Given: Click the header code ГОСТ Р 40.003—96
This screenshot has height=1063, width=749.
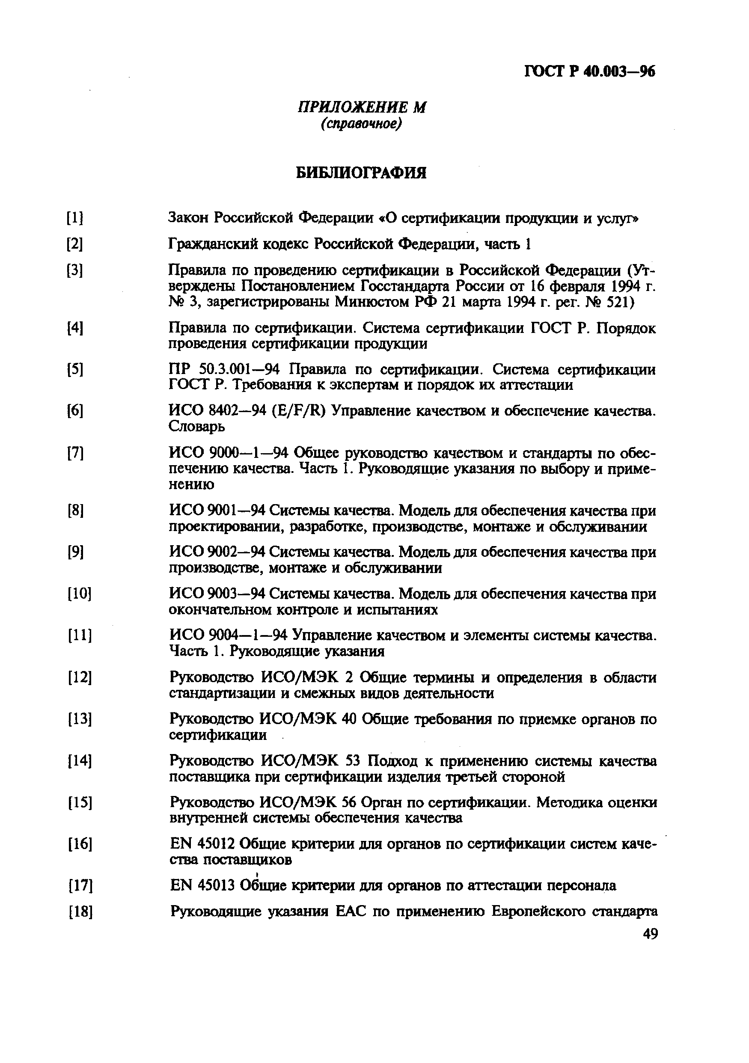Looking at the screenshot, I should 590,72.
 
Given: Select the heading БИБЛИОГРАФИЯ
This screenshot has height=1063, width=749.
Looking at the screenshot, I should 361,173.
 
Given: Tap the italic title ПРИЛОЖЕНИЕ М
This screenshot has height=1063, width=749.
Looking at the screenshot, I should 361,107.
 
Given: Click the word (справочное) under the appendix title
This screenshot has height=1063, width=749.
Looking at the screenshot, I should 361,124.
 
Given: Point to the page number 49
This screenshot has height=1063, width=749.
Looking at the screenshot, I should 650,934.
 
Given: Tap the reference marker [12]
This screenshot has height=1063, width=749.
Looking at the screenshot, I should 80,678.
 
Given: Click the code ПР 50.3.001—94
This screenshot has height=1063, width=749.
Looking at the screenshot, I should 225,369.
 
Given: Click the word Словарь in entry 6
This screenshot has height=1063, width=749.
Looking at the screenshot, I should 197,426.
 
